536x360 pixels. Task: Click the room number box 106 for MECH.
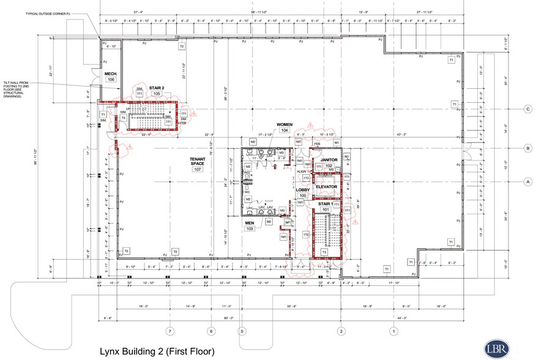111,80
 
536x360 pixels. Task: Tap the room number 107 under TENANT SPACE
197,169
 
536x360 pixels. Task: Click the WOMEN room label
285,124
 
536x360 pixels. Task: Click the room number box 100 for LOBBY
302,195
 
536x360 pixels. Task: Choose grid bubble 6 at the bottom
212,331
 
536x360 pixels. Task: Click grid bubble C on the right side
527,110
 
